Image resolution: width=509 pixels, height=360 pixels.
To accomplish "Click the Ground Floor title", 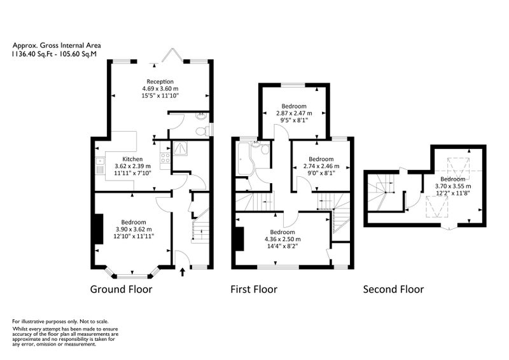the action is click(121, 289).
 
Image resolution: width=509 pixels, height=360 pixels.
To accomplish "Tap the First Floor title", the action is click(254, 289).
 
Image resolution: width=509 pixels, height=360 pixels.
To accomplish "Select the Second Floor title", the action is click(393, 289).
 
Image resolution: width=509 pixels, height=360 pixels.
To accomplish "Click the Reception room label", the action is click(160, 81).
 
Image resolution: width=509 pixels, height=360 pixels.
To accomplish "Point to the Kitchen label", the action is click(132, 159).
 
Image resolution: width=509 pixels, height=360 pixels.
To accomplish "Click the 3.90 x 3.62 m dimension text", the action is click(134, 229).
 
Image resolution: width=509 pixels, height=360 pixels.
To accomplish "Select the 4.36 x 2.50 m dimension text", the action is click(282, 239).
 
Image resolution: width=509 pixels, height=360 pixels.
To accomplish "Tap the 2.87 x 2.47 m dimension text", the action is click(294, 113).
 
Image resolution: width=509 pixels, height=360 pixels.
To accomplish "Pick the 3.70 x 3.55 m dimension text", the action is click(453, 186).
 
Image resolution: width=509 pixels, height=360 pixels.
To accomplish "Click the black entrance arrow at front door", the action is click(183, 272).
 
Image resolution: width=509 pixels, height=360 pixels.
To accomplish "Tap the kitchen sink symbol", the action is click(100, 165).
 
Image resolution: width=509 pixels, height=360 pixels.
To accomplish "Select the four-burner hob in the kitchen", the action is click(165, 158).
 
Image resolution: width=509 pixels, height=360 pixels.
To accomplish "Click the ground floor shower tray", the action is click(180, 148).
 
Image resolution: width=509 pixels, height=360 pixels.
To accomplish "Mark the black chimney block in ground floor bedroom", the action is click(99, 229).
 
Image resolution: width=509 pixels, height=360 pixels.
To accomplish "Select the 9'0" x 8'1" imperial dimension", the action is click(321, 173).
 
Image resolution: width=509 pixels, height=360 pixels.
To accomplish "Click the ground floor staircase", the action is click(200, 226).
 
